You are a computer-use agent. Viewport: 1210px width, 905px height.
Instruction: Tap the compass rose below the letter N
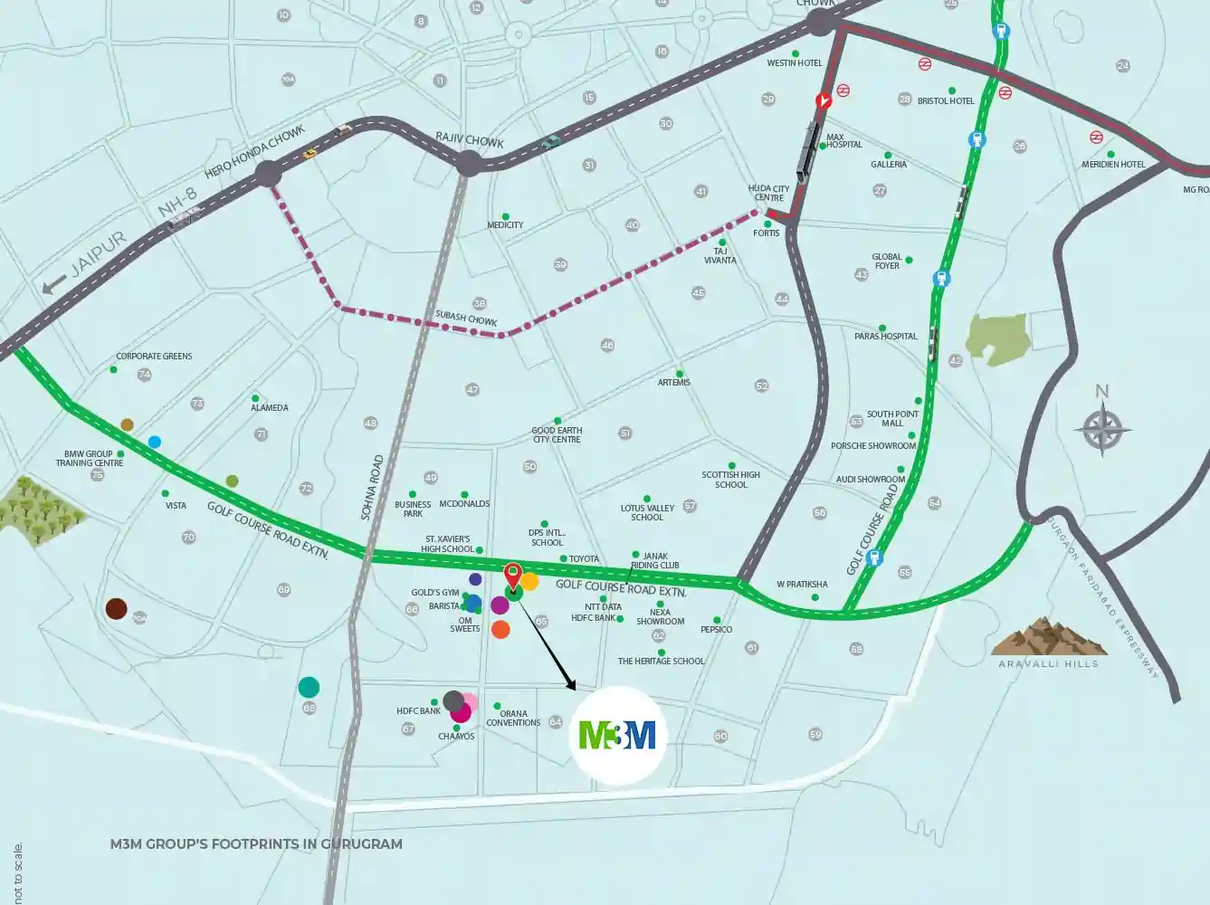point(1101,430)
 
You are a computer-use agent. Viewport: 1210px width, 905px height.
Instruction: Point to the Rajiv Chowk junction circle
point(469,164)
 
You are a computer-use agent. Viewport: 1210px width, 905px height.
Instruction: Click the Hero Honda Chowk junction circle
point(269,174)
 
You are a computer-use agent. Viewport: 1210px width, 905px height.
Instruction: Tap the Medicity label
point(505,225)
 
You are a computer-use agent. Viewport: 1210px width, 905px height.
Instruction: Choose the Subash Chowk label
point(466,319)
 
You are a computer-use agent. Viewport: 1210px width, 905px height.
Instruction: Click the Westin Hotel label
point(794,63)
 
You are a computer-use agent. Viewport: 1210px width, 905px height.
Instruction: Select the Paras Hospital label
point(885,337)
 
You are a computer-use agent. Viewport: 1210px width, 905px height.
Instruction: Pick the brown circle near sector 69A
point(116,608)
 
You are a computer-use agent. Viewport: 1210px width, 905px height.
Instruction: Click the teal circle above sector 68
point(309,687)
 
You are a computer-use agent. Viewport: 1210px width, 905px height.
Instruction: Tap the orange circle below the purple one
point(500,630)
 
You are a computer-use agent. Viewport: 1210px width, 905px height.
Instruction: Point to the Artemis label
point(674,383)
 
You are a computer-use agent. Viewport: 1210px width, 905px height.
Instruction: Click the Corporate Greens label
point(154,357)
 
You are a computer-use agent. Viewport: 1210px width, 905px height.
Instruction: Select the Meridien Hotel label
point(1113,165)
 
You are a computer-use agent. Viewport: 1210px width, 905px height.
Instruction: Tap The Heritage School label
point(661,662)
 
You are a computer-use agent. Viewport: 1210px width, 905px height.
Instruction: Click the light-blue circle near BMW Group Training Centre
point(155,442)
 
